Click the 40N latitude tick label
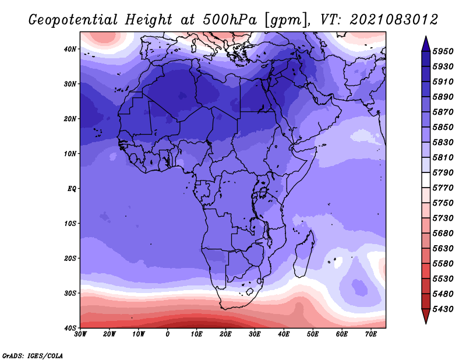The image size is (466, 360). point(70,49)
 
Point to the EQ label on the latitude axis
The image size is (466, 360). point(72,189)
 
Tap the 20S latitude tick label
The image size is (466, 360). point(70,258)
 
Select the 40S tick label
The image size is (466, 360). point(70,328)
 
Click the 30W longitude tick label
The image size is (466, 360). point(80,334)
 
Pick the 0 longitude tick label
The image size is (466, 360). point(168,334)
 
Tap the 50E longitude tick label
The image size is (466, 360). point(313,334)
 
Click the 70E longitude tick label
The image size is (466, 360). point(371,334)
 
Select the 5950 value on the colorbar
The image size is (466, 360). point(443,51)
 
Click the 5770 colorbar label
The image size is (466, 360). point(443,188)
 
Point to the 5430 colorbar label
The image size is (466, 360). point(443,309)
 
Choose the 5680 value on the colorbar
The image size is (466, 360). point(443,234)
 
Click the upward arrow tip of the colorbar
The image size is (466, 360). point(426,37)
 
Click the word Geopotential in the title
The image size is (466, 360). point(73,20)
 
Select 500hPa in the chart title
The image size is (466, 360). point(230,20)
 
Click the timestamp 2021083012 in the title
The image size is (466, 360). point(394,20)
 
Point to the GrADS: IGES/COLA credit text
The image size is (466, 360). point(33,356)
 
